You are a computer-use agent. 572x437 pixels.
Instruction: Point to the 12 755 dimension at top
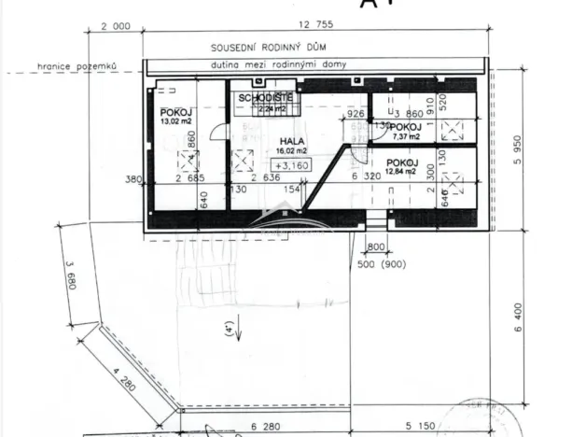click(x=316, y=25)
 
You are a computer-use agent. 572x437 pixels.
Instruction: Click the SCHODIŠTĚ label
click(x=266, y=97)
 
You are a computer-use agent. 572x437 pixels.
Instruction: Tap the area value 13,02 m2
click(x=177, y=120)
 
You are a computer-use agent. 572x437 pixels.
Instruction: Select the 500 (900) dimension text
click(x=381, y=264)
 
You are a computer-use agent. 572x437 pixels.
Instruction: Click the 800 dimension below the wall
click(x=375, y=248)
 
